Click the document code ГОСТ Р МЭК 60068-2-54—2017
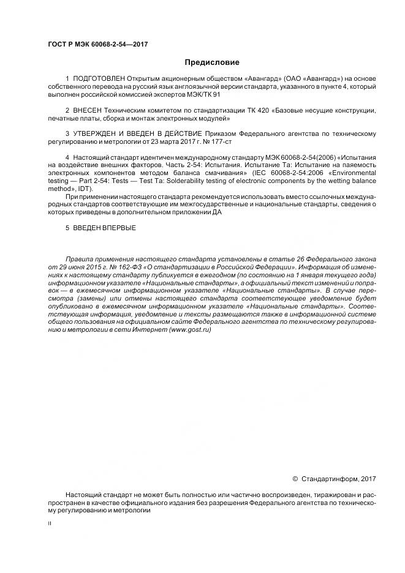98,44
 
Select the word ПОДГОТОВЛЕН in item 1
99,80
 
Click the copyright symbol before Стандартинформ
295,479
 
